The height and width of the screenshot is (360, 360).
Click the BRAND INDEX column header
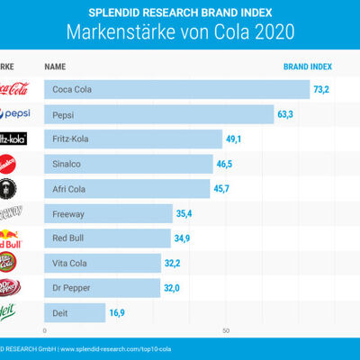click(308, 67)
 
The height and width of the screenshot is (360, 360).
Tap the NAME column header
click(56, 67)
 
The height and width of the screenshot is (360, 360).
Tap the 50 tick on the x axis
click(227, 330)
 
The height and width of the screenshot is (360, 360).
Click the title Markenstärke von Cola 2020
click(180, 32)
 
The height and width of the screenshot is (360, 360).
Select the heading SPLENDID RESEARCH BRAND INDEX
click(180, 12)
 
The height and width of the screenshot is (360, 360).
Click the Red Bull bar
click(108, 238)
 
